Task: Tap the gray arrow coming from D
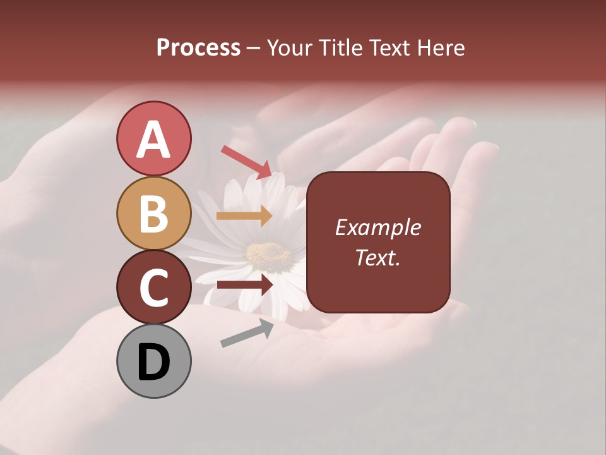pyautogui.click(x=247, y=332)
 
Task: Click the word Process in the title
pyautogui.click(x=198, y=48)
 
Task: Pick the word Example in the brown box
pyautogui.click(x=378, y=227)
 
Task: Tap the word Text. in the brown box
pyautogui.click(x=378, y=257)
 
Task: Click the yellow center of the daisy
pyautogui.click(x=268, y=255)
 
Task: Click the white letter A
pyautogui.click(x=153, y=140)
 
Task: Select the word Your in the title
pyautogui.click(x=292, y=48)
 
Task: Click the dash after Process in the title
pyautogui.click(x=254, y=49)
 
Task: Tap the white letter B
pyautogui.click(x=153, y=214)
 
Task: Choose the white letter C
pyautogui.click(x=153, y=288)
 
